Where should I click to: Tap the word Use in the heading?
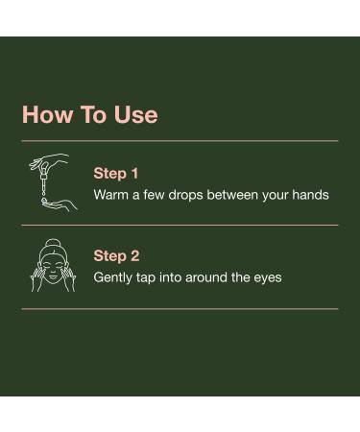click(135, 115)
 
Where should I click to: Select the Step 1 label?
click(116, 174)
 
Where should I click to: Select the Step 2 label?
click(116, 256)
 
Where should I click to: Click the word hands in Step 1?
click(309, 195)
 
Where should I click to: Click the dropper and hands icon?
click(48, 182)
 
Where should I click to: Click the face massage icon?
click(51, 268)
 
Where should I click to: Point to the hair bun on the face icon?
click(51, 245)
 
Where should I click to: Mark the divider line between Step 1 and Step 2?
click(180, 225)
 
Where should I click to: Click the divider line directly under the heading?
click(180, 141)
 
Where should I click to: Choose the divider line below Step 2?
click(180, 308)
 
